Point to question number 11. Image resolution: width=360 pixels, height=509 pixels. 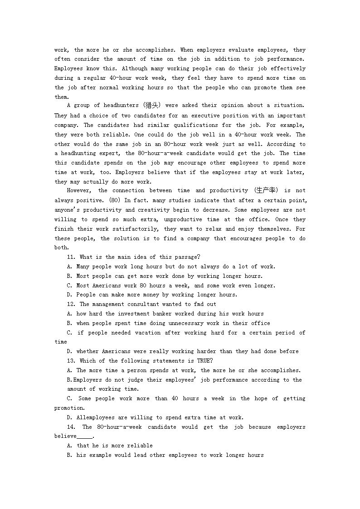[71, 257]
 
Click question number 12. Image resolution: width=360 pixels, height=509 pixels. [71, 304]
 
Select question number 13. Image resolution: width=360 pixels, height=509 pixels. [71, 361]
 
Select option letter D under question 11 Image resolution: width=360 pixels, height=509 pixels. [69, 295]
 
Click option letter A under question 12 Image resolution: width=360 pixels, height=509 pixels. [69, 314]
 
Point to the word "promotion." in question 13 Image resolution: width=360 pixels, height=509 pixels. [69, 408]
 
